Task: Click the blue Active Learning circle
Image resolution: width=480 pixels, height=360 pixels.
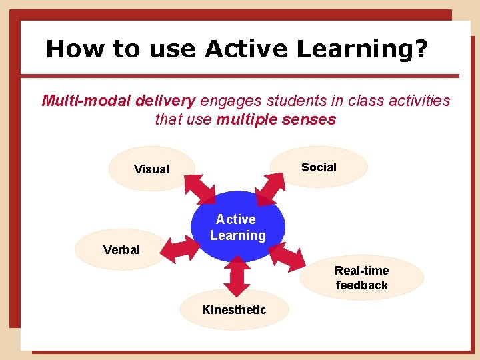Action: click(x=237, y=227)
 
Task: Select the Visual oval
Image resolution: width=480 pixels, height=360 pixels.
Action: click(x=151, y=169)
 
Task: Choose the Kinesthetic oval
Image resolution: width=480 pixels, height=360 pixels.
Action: click(x=234, y=309)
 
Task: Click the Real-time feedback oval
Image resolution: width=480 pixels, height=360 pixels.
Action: click(x=361, y=278)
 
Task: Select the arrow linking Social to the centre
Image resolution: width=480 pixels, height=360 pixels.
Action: click(x=273, y=187)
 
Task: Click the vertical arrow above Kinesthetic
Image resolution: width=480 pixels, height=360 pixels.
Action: click(x=236, y=275)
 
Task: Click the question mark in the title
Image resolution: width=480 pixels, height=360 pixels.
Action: click(x=421, y=49)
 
